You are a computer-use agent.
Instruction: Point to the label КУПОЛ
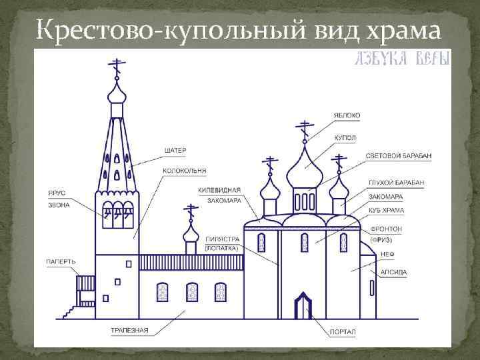point(345,137)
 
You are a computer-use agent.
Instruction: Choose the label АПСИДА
point(393,272)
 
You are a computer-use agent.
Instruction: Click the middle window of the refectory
point(192,292)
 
